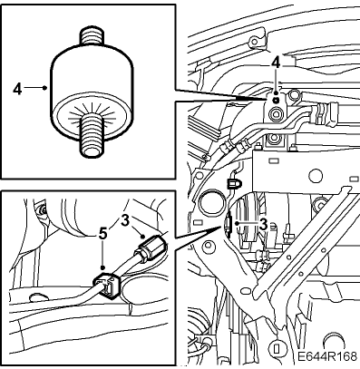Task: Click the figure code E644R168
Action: point(326,356)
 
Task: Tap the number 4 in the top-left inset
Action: point(17,89)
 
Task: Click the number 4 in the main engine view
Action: point(276,64)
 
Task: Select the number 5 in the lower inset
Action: point(103,233)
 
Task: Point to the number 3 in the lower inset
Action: point(125,220)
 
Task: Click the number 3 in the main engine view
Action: point(263,224)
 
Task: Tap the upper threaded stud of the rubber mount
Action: point(91,36)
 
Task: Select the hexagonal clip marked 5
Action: point(107,285)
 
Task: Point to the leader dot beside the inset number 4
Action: point(44,88)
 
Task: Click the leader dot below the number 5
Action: point(103,267)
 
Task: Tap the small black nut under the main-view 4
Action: point(276,100)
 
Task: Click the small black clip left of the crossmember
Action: point(233,183)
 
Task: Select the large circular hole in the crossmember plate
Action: point(315,175)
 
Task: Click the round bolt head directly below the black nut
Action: point(276,114)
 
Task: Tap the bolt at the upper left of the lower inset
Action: point(43,209)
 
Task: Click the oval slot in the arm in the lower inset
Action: point(38,297)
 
